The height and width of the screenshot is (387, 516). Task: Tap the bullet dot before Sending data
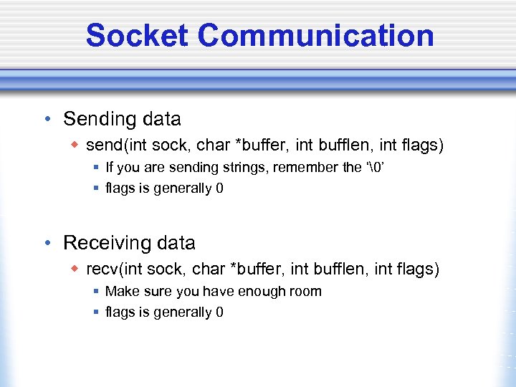pos(47,119)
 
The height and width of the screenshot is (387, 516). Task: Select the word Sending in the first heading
pos(97,119)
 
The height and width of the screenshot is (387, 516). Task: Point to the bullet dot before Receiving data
pos(47,244)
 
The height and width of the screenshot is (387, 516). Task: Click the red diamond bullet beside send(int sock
pos(75,145)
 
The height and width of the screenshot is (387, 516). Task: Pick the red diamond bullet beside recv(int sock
pos(75,269)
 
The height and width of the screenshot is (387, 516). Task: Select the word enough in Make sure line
pos(262,291)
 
